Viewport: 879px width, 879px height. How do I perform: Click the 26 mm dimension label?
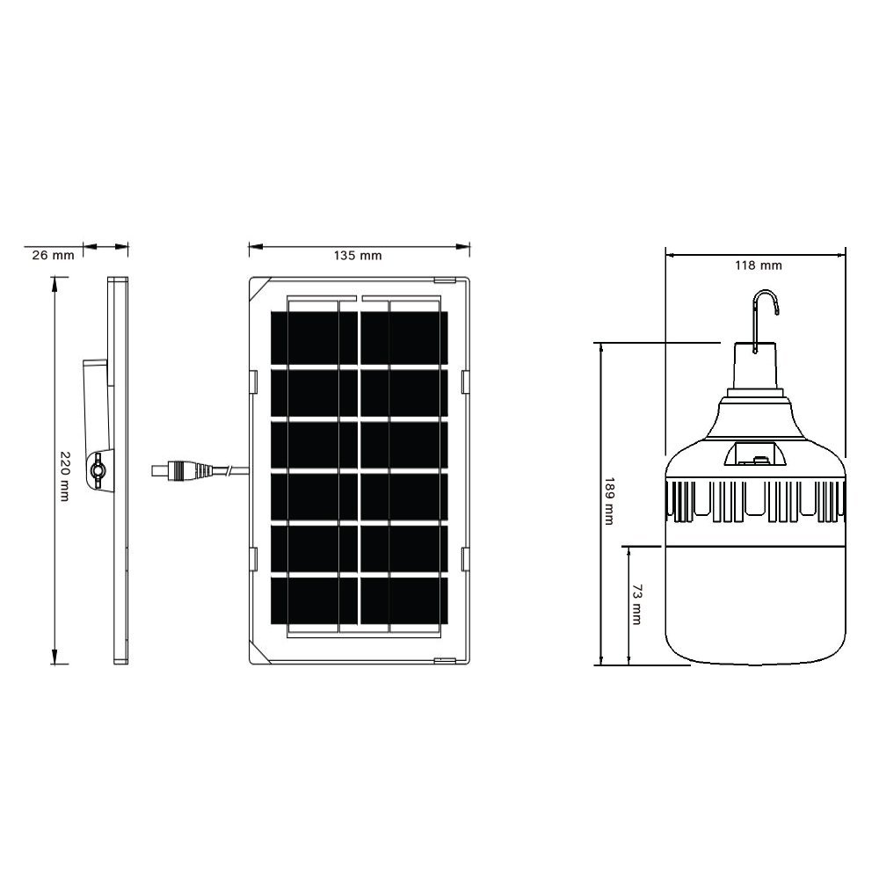[53, 255]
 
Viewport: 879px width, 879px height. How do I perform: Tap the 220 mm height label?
[64, 476]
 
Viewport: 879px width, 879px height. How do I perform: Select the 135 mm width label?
[358, 256]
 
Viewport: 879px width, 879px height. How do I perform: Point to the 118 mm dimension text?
[758, 265]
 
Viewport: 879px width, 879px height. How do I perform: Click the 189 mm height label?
[609, 501]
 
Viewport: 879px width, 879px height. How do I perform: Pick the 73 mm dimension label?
[636, 605]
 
